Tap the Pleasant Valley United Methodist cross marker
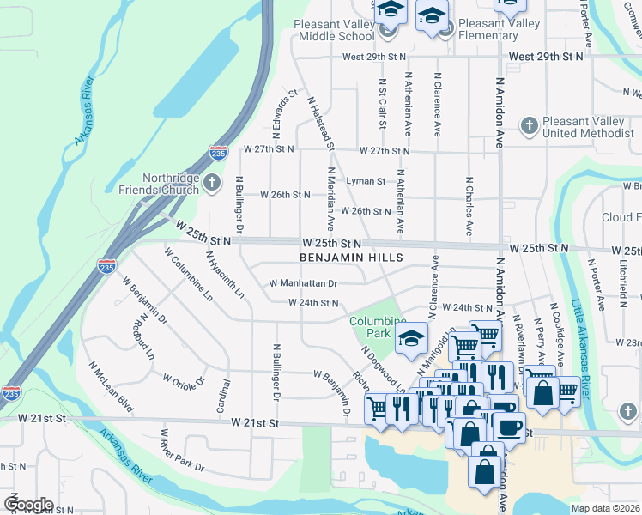click(529, 126)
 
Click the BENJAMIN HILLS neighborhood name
click(350, 257)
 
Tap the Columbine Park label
click(371, 326)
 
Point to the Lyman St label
click(366, 181)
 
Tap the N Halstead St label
click(319, 123)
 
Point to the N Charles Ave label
click(469, 207)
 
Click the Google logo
click(28, 505)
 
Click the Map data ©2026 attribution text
click(604, 508)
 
